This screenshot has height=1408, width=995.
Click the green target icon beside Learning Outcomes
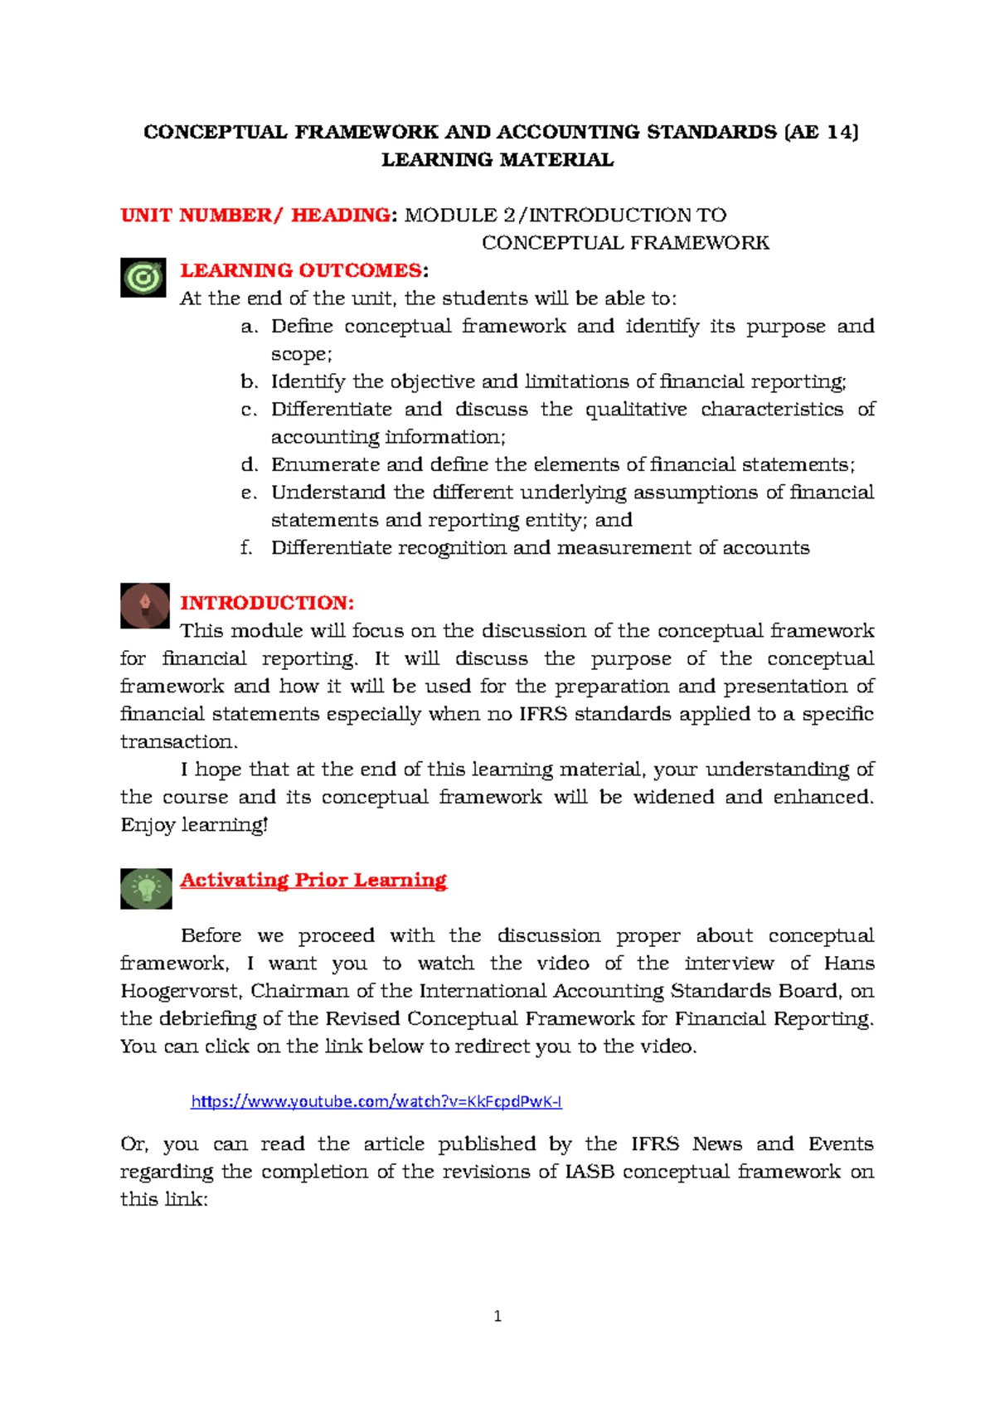coord(143,278)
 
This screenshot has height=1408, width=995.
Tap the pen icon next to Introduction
coord(145,605)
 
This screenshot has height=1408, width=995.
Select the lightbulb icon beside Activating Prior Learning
coord(146,888)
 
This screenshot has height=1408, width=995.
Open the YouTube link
coord(376,1101)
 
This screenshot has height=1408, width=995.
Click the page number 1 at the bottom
coord(498,1316)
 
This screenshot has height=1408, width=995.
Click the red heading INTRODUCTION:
coord(267,603)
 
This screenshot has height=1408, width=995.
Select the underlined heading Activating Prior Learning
coord(313,880)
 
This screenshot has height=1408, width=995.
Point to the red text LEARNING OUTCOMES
coord(301,270)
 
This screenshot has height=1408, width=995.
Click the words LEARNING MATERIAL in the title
coord(498,160)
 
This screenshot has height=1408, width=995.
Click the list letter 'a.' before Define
coord(250,327)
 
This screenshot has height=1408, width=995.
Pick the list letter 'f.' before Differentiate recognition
coord(246,548)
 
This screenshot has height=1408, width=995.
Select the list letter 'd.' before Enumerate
coord(250,465)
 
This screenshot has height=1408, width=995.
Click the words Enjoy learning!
coord(194,825)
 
